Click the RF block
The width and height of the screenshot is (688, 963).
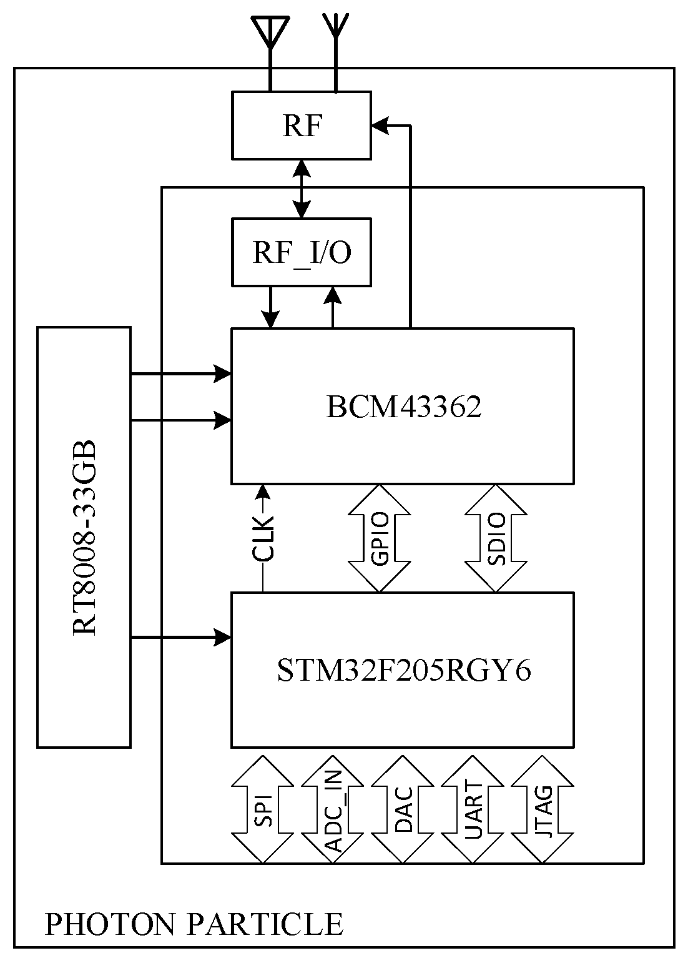302,126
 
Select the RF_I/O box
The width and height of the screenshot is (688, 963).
302,252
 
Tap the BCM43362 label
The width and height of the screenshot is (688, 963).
403,407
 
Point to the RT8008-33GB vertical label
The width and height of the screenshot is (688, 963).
85,537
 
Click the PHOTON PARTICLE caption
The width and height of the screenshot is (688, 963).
194,924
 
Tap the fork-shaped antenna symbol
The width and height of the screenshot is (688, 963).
336,28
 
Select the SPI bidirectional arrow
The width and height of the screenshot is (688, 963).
263,809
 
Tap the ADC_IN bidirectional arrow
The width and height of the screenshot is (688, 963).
333,809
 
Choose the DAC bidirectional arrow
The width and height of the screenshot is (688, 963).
403,809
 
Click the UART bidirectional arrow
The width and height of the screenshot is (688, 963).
473,809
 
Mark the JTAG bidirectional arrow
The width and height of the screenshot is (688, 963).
543,809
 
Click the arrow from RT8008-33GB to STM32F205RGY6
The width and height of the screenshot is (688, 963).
181,638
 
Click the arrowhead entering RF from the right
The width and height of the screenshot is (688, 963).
380,126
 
